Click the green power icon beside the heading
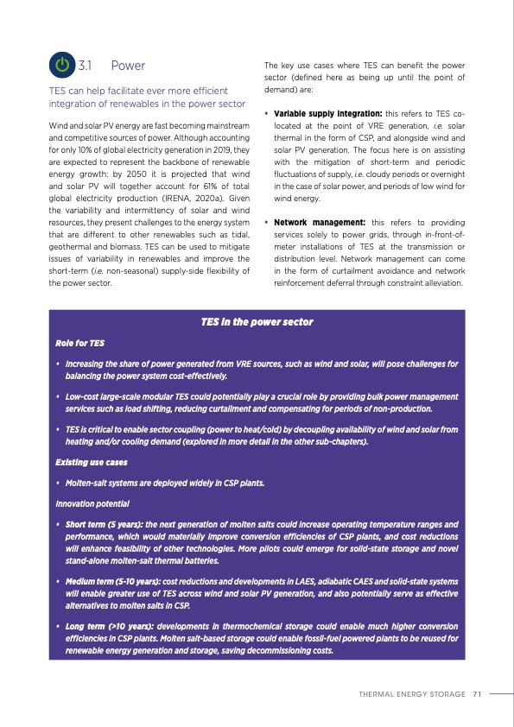(x=62, y=65)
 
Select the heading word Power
(x=128, y=66)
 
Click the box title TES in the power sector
(x=256, y=322)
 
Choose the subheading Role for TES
(x=79, y=343)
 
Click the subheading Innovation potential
(x=92, y=503)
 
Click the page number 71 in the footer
(x=477, y=692)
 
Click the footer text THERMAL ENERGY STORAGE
(x=414, y=692)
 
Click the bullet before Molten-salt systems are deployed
(x=57, y=483)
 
